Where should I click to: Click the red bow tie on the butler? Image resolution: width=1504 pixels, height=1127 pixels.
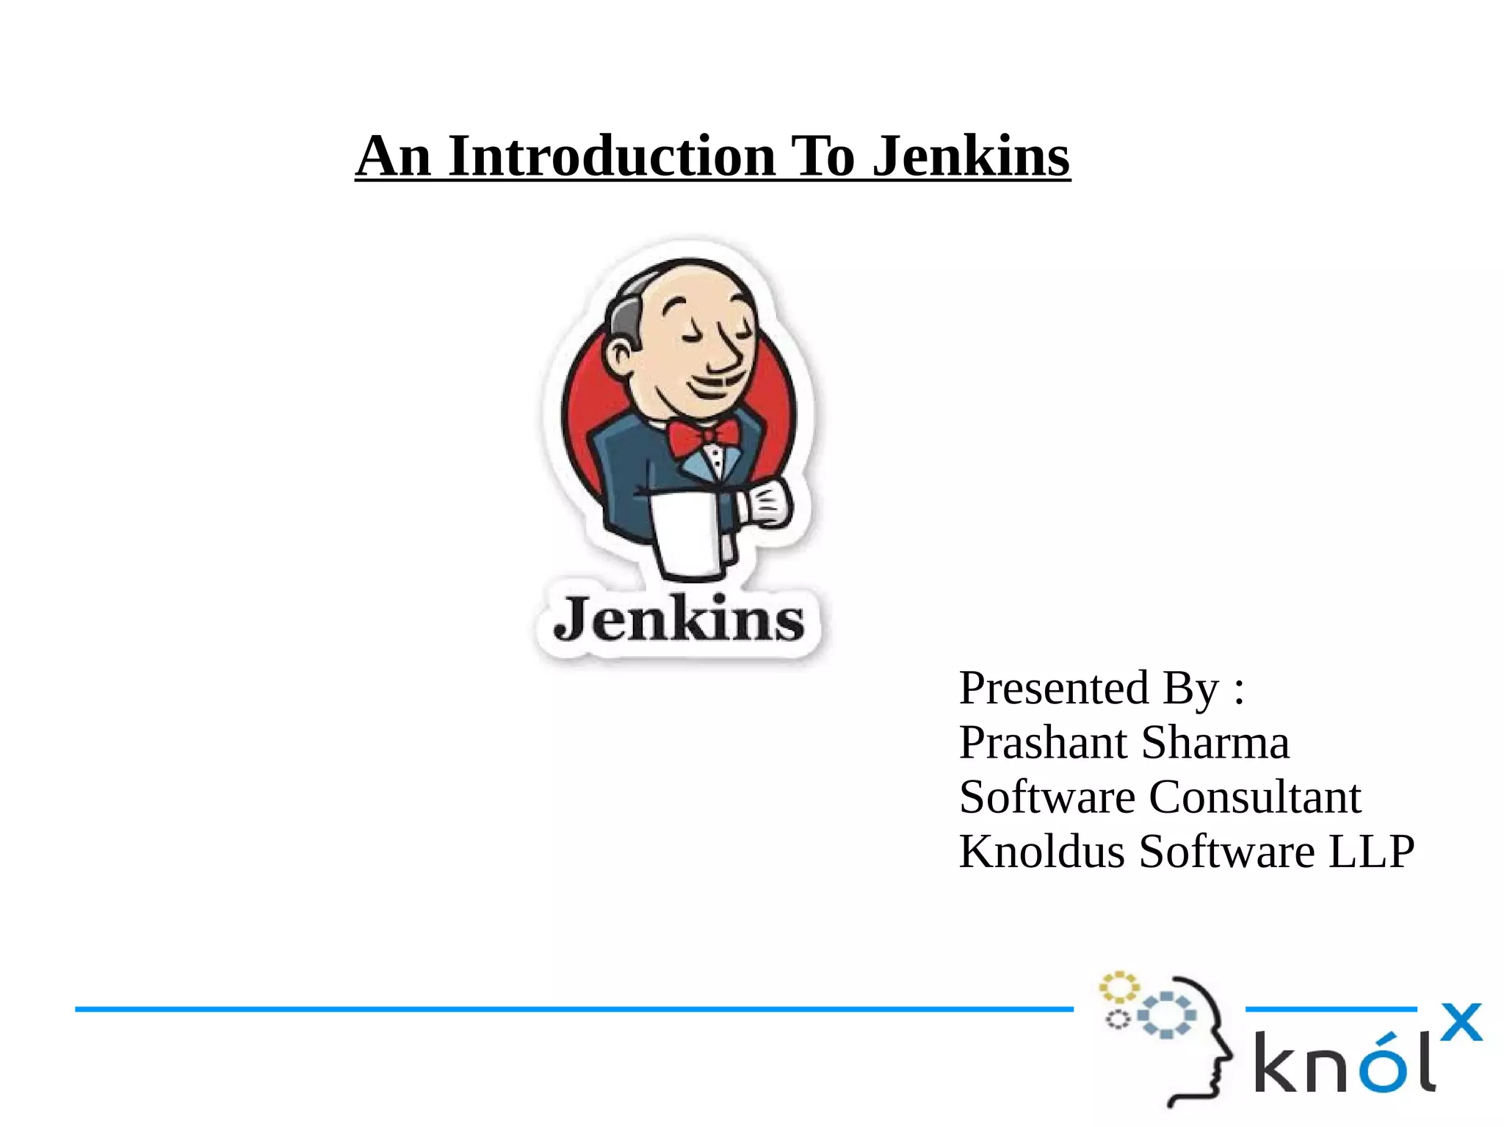[703, 437]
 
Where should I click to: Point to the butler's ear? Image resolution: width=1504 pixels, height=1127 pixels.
[619, 356]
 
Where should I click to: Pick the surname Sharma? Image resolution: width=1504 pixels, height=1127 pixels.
[1215, 742]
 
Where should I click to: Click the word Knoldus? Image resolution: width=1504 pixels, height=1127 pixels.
[1041, 852]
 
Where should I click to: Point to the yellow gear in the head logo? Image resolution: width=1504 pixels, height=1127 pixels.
[1118, 988]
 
